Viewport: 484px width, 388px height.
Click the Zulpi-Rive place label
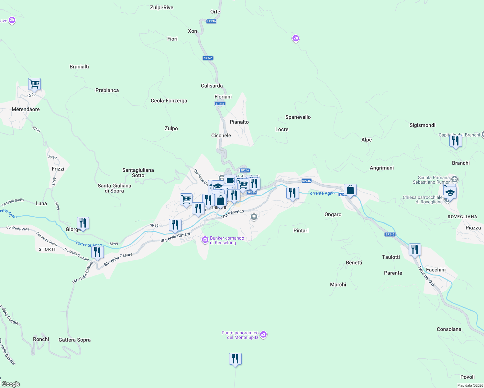161,7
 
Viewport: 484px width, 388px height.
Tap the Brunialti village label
79,67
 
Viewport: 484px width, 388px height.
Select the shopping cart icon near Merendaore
34,84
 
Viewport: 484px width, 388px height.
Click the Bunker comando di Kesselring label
227,240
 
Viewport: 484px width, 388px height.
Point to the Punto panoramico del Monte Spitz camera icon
263,334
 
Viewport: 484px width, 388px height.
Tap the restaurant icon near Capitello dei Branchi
456,141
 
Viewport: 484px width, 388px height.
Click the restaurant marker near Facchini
415,250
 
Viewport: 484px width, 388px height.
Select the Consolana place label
449,329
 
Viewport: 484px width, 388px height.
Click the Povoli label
467,377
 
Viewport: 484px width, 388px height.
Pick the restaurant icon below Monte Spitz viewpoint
235,359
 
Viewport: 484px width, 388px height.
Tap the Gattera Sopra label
74,340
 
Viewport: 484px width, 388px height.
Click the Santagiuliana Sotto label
138,173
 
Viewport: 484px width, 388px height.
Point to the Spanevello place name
298,117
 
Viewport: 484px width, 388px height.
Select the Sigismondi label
422,125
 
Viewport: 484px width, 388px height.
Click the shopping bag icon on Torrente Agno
350,190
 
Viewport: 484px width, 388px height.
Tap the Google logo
11,384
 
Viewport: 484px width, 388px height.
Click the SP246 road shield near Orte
212,21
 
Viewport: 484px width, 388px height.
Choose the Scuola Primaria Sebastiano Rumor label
431,180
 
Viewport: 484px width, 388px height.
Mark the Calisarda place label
212,86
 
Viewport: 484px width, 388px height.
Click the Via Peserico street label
233,214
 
